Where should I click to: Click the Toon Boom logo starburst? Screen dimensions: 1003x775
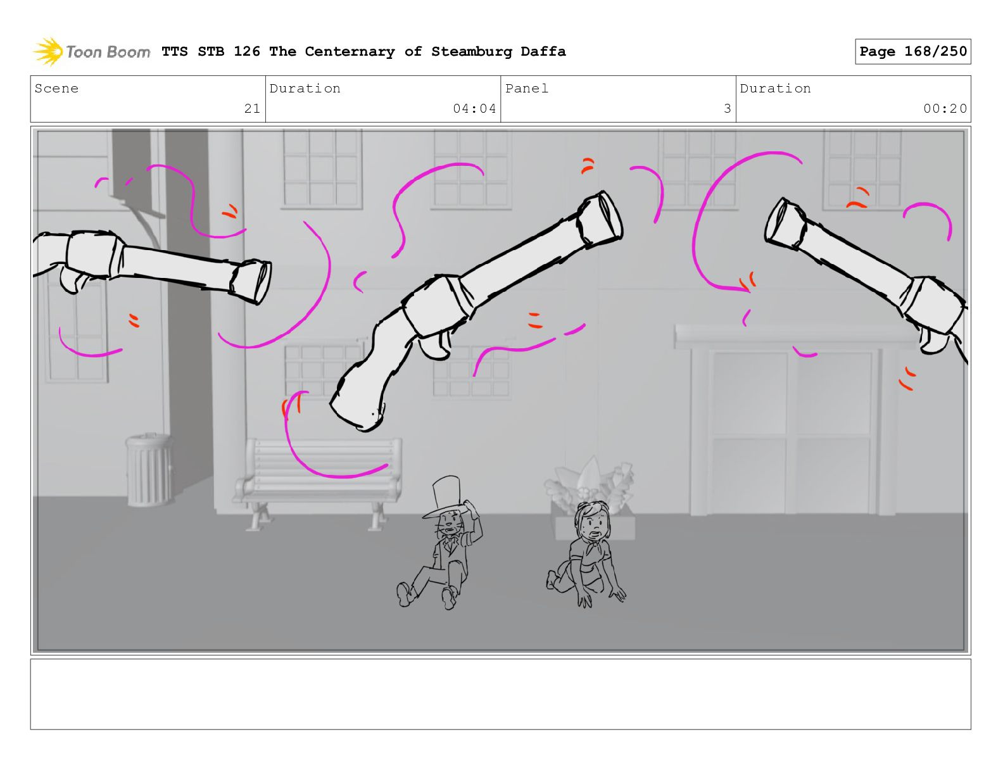click(x=48, y=51)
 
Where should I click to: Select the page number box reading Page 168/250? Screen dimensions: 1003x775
click(x=912, y=51)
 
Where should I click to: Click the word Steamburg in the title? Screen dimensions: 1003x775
click(x=471, y=51)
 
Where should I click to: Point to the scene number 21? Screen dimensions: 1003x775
click(x=252, y=108)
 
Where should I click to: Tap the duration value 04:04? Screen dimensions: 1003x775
click(x=474, y=108)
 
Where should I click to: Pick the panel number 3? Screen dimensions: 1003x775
click(x=728, y=108)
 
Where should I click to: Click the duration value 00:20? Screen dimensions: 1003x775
click(x=945, y=108)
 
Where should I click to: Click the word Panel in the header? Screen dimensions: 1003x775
click(x=527, y=88)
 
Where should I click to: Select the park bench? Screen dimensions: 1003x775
click(x=318, y=482)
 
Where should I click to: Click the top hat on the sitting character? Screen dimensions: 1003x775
click(x=445, y=498)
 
